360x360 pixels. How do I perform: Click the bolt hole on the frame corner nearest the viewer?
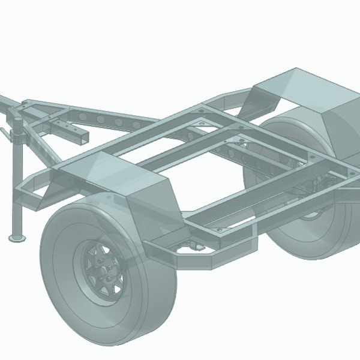click(x=220, y=230)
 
